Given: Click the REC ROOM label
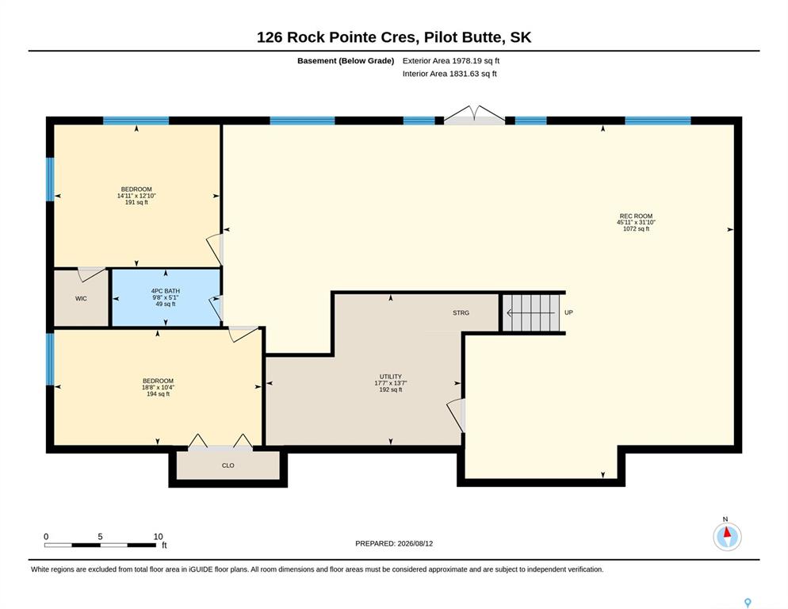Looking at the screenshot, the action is click(x=636, y=216).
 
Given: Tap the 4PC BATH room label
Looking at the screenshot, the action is click(x=166, y=291).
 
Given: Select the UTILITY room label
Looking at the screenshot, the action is click(x=391, y=377).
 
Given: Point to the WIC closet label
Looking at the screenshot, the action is click(x=81, y=299).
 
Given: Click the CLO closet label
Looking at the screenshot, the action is click(x=228, y=465).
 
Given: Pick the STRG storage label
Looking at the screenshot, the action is click(x=461, y=312).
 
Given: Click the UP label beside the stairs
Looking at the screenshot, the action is click(x=568, y=312).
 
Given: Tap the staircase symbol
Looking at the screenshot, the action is click(x=532, y=312).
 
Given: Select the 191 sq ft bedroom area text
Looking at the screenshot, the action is click(x=136, y=202).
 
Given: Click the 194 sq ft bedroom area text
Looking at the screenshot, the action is click(x=158, y=394).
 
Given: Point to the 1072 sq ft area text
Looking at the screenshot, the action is click(x=636, y=229).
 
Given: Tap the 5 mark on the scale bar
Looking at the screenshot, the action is click(x=100, y=537).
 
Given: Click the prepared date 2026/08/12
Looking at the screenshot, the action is click(x=415, y=544).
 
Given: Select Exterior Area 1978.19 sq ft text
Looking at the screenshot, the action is click(x=451, y=61).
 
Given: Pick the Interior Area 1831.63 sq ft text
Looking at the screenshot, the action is click(x=449, y=74).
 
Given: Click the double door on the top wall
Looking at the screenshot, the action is click(x=474, y=115).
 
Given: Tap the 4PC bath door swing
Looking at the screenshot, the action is click(x=216, y=307).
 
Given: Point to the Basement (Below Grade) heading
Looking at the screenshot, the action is click(x=346, y=61).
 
